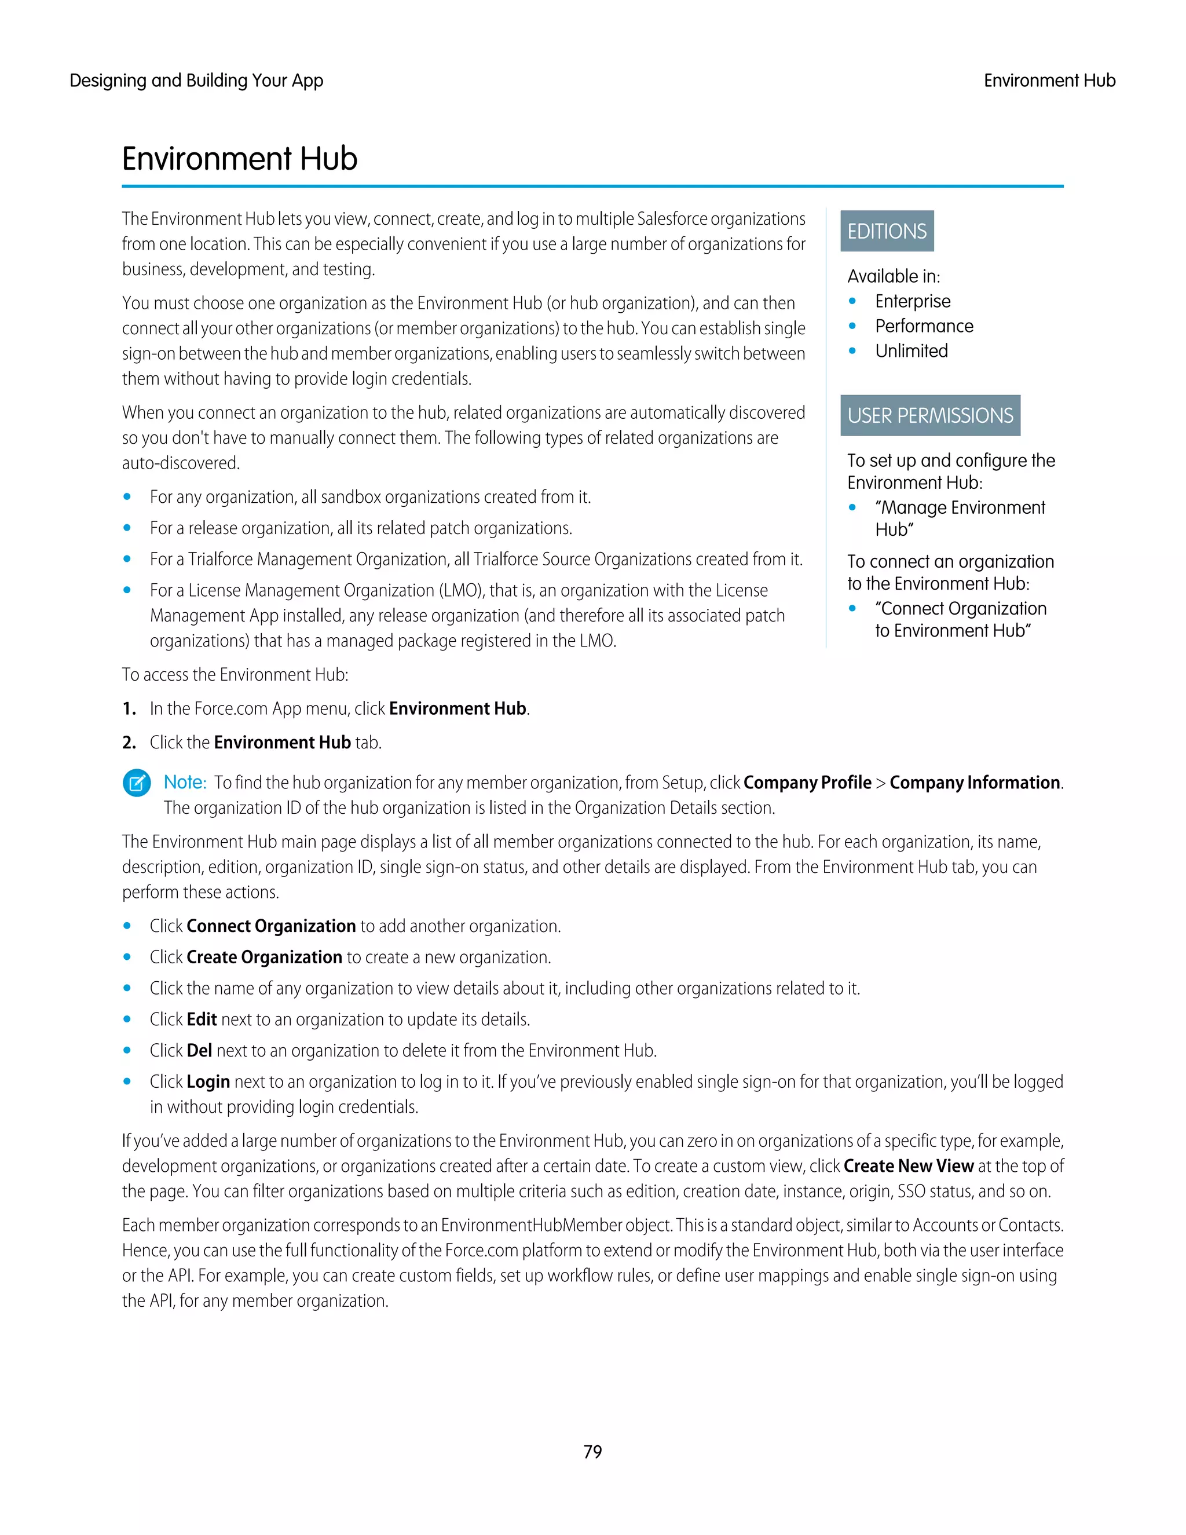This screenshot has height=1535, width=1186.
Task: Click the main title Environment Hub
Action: pos(240,159)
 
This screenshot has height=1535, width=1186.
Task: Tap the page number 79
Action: pos(592,1452)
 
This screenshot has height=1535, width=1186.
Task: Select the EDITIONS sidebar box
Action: pos(887,231)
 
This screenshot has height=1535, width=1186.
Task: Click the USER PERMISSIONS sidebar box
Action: pos(929,415)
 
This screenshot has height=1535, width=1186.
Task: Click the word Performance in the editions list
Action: pos(924,326)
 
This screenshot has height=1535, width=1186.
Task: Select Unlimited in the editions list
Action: pos(912,350)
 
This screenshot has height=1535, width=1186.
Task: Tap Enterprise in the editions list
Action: pos(913,302)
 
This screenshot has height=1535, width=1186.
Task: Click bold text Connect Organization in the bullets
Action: pos(271,926)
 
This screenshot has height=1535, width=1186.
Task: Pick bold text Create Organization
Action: pos(264,957)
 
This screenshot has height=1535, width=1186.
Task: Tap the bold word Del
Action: pos(200,1051)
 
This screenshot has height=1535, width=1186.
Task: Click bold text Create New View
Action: pos(909,1166)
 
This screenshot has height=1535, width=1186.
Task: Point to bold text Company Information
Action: pos(975,783)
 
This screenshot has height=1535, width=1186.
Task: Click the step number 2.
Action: pos(129,743)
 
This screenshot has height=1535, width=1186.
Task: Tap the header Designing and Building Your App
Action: pos(196,81)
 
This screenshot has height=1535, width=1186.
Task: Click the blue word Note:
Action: pos(185,782)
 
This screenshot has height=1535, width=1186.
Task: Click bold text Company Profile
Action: pos(807,783)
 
